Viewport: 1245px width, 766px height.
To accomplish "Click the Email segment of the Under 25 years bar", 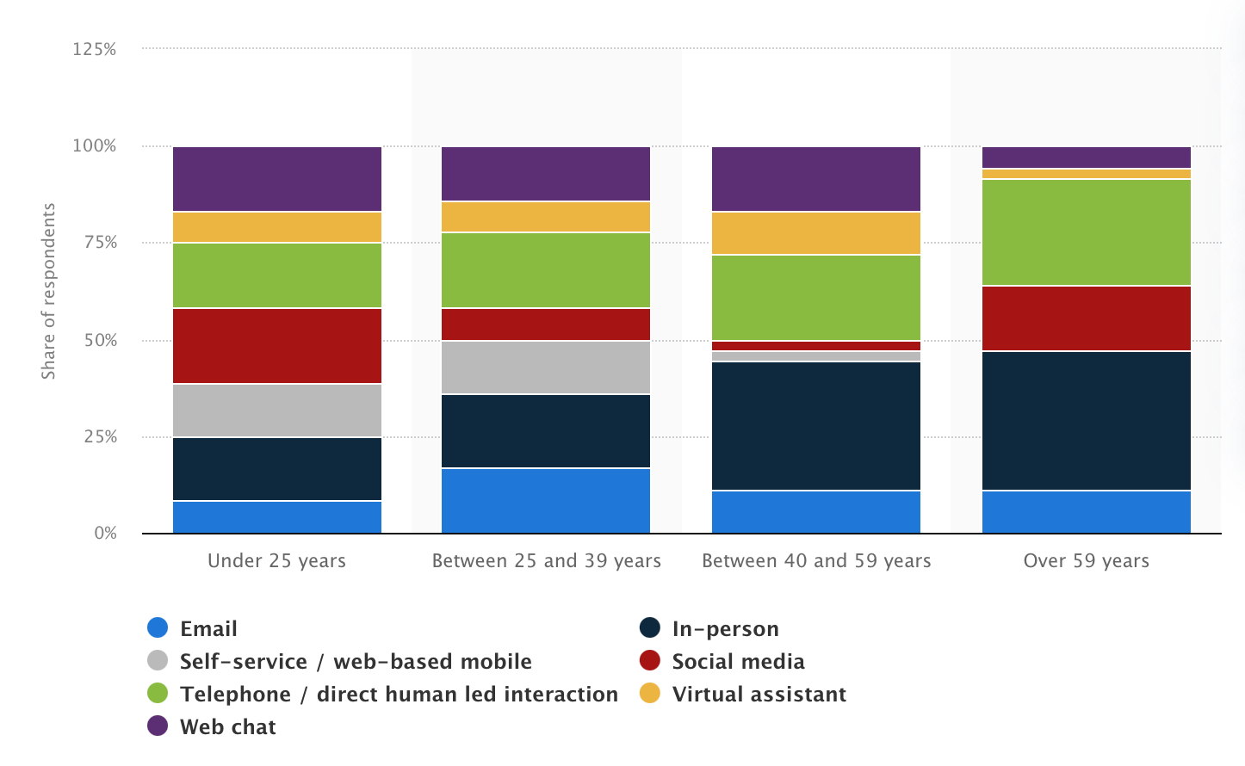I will click(x=277, y=517).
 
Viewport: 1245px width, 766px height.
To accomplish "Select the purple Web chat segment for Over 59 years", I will click(x=1087, y=158).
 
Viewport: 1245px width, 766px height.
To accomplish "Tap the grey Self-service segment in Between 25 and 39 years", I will click(x=546, y=368).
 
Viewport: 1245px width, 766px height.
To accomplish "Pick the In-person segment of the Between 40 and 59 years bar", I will click(x=816, y=426).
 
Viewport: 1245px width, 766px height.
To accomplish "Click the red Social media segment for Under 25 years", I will click(x=277, y=346).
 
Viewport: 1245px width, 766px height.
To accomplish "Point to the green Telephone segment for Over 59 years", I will click(x=1087, y=232).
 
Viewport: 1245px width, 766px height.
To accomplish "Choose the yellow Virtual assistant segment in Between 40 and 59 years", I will click(x=816, y=233).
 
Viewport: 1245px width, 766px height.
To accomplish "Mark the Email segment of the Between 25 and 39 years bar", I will click(x=546, y=501).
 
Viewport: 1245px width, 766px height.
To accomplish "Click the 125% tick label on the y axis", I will click(x=95, y=49).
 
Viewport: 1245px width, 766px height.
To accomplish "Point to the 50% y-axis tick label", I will click(x=100, y=340).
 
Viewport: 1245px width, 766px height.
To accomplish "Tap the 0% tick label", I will click(x=105, y=534).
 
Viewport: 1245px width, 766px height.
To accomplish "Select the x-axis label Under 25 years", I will click(x=276, y=561).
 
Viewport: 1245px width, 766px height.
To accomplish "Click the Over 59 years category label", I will click(x=1086, y=561).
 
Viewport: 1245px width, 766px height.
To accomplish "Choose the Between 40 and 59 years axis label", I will click(x=816, y=561).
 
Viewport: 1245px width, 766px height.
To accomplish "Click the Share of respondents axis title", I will click(x=48, y=291).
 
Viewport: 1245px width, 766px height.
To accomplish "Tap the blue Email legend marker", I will click(x=158, y=628).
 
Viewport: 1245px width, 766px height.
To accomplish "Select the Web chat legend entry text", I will click(x=228, y=727).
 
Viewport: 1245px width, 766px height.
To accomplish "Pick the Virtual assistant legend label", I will click(x=759, y=695).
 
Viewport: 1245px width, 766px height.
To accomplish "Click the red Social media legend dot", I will click(x=650, y=661).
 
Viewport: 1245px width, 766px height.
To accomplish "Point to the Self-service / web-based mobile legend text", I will click(x=356, y=662).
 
